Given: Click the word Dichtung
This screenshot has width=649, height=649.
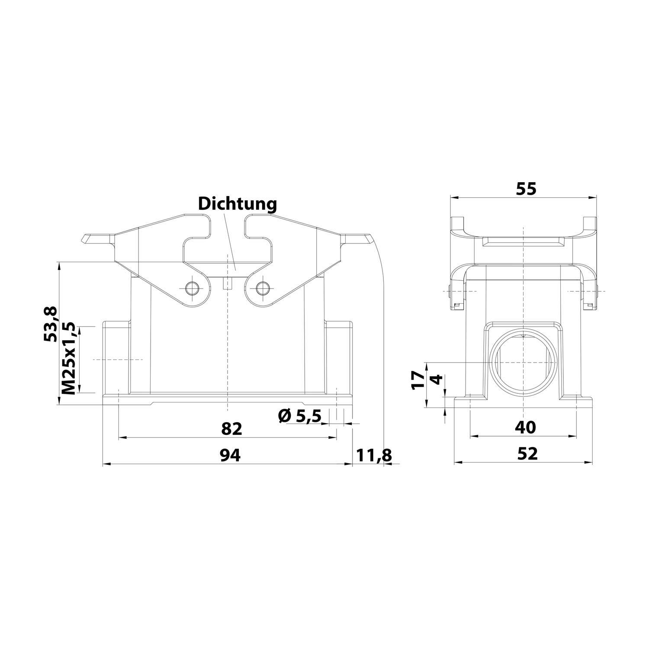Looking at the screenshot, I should pos(237,204).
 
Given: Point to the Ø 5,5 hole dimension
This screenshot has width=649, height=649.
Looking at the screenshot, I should pos(300,416).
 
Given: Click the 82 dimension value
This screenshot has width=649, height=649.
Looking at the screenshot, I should pos(231,429).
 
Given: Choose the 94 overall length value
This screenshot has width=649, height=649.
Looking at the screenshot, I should pos(230,455).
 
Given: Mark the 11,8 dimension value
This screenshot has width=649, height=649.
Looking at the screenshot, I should pos(373,455).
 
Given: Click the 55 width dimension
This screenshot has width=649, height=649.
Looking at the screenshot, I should pos(525,189).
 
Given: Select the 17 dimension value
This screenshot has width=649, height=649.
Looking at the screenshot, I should pos(418,380).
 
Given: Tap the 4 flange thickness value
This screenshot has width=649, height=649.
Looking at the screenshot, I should pos(437,379).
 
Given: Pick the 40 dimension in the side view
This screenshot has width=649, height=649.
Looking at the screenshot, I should pos(525,427).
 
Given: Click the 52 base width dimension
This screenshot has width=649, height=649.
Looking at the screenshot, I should pos(527,453).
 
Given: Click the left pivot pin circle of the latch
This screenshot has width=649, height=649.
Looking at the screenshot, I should pos(191,288).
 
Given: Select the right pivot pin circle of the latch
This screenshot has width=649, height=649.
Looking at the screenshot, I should pos(262,288).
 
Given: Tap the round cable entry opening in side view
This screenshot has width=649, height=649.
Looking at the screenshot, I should pos(524,363).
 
